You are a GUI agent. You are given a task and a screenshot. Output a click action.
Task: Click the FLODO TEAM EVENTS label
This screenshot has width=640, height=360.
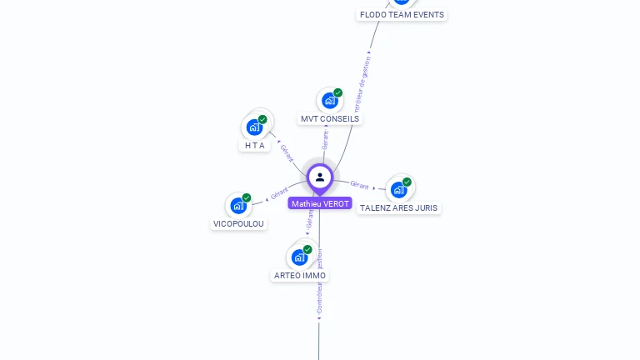coord(402,15)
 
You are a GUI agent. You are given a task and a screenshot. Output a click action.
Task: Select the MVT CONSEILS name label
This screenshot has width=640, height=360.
coord(330,119)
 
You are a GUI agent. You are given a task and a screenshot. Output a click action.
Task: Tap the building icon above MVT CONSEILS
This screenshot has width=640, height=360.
coord(329,101)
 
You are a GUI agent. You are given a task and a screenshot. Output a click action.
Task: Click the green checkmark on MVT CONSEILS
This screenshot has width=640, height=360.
coord(337,92)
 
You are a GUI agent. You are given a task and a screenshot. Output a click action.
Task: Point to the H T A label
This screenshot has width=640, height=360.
coord(255,145)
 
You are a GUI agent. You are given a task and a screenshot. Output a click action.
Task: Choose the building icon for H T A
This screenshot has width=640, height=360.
coord(254,127)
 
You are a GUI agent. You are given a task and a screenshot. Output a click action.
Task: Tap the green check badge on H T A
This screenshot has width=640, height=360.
coord(262,119)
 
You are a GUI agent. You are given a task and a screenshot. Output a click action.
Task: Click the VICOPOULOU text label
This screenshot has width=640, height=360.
coord(238,224)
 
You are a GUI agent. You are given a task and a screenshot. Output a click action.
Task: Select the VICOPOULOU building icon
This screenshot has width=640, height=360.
coord(238,205)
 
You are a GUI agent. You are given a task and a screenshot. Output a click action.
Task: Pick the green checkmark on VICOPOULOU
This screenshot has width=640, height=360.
coord(247,197)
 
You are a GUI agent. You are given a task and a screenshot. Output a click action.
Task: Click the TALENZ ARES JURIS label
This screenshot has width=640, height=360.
coord(398,208)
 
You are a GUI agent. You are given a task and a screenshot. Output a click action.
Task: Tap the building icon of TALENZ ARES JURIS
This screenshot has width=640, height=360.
coord(398,189)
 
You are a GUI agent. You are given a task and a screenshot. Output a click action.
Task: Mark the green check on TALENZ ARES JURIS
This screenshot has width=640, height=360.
coord(407,182)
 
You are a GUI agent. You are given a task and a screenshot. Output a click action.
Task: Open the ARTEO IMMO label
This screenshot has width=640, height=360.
coord(300,276)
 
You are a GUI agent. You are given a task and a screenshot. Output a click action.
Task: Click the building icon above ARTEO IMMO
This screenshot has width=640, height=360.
coord(299,257)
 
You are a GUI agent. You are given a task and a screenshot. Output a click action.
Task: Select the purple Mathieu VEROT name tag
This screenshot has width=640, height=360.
coord(320,203)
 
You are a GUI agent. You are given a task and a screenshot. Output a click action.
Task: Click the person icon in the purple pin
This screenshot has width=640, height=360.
coord(320,177)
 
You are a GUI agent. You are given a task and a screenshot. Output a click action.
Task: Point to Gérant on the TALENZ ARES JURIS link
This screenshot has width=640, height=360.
coord(359,184)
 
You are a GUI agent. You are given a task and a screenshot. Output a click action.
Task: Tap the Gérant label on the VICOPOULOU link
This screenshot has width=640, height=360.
coord(278,193)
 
